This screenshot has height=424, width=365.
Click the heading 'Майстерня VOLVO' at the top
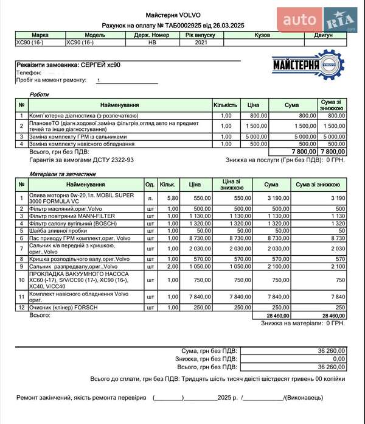click(173, 15)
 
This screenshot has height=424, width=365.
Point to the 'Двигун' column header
click(323, 35)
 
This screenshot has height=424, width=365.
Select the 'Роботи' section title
click(40, 94)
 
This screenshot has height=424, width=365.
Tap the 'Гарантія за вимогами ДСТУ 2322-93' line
click(82, 160)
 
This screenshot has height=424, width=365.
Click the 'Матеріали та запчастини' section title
click(60, 174)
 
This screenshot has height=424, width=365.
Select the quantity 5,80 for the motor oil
click(172, 198)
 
